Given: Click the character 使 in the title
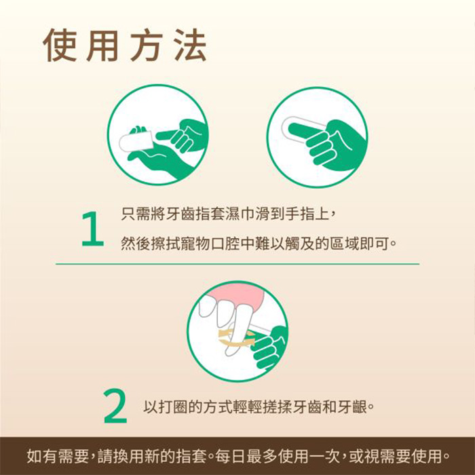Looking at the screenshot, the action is point(60,45).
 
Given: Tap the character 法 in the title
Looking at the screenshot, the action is point(191,45).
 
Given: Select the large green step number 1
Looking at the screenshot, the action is point(92,229).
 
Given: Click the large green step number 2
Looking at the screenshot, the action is point(115,406).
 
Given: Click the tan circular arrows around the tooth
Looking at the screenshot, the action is point(236,338).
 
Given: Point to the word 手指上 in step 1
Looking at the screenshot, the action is point(307,214).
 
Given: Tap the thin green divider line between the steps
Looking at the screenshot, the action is point(237,264).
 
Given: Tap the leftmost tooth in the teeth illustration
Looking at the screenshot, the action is point(207,306).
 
